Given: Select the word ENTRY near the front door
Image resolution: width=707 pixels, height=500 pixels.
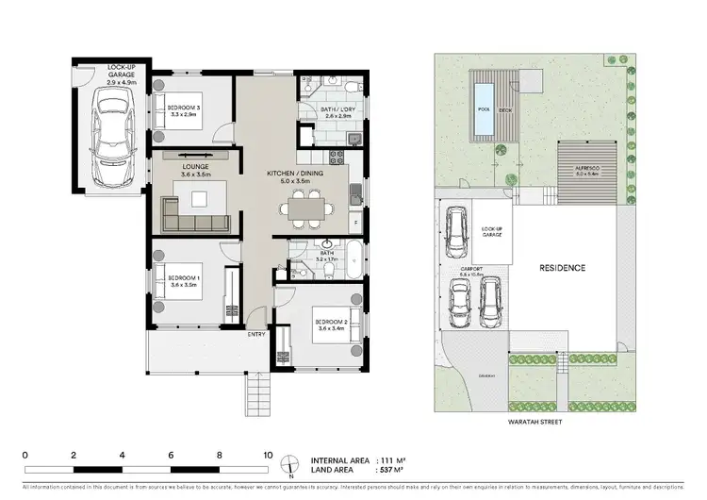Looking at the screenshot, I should coord(256,334).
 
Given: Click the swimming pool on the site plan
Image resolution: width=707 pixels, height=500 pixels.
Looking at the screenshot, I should coord(483,96).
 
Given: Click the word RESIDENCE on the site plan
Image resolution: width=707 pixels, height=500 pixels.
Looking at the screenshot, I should coord(562,268).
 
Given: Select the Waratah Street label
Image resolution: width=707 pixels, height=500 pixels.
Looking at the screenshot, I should coord(534,422).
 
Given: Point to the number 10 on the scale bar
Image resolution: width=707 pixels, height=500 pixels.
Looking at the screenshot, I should coord(269,454).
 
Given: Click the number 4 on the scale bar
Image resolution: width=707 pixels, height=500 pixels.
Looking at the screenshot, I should coord(123,454).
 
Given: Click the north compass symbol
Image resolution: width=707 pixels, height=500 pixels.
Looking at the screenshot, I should coord(291,464).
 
